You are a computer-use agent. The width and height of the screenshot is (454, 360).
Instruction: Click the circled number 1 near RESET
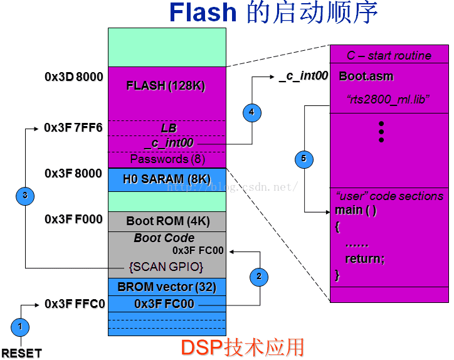pos(20,326)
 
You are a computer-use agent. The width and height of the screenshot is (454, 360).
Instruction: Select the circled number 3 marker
pos(24,196)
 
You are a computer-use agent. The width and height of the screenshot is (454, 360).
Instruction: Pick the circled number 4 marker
pos(251,113)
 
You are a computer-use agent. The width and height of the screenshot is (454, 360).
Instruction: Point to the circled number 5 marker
pos(304,159)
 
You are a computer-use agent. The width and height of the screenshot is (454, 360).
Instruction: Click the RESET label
pos(21,352)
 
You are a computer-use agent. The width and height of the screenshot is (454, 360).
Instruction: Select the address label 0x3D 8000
pos(73,77)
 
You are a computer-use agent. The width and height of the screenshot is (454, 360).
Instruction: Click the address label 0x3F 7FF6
pos(73,128)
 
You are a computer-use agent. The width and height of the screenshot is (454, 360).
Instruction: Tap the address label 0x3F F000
pos(73,220)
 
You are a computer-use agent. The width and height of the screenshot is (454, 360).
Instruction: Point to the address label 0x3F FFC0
pos(73,304)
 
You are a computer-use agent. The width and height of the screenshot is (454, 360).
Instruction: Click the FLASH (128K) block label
pos(166,86)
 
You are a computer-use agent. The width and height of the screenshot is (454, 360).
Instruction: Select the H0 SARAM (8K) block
pos(166,179)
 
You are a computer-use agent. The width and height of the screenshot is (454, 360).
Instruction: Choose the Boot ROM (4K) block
pos(167,221)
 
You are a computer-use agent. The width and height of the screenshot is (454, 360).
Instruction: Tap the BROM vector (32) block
pos(167,287)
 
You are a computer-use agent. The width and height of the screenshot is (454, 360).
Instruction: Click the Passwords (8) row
pos(167,159)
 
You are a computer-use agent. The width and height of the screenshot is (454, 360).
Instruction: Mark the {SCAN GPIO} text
pos(166,267)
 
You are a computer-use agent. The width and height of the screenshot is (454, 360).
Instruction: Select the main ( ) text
pos(356,210)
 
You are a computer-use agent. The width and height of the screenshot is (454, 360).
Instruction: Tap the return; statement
pos(365,258)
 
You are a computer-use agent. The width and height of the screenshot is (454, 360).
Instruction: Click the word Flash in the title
pos(203,13)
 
